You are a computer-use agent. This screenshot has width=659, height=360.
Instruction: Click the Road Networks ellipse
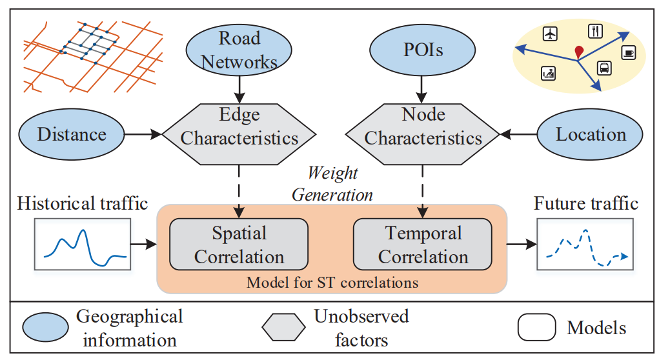click(x=239, y=50)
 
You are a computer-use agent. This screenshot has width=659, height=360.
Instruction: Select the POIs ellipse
click(x=423, y=50)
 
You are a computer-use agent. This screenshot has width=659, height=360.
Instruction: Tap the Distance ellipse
click(x=72, y=135)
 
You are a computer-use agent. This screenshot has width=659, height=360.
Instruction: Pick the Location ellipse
click(x=590, y=135)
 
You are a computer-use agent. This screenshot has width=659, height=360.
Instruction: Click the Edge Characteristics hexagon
click(x=239, y=127)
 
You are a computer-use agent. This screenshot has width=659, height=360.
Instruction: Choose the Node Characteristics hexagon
click(x=423, y=127)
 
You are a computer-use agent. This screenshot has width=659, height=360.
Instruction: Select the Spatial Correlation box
click(x=239, y=245)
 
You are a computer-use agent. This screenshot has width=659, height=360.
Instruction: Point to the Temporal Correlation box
click(x=423, y=245)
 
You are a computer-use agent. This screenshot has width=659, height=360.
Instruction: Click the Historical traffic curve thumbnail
click(x=82, y=244)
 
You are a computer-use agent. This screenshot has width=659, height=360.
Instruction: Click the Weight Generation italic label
click(x=332, y=184)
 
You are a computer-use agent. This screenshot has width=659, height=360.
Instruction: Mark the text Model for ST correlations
click(x=332, y=283)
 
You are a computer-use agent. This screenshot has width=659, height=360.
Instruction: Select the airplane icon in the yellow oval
click(x=551, y=33)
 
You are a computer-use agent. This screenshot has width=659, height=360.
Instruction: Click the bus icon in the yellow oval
click(x=603, y=68)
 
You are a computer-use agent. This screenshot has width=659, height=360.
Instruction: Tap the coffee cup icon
click(x=628, y=52)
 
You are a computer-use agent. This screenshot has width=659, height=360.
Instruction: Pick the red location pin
click(x=578, y=52)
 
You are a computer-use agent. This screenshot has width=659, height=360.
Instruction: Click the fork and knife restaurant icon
click(x=595, y=30)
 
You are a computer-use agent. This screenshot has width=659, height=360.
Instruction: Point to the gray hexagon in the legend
click(x=283, y=328)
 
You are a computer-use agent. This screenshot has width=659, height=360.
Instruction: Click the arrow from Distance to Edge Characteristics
click(x=143, y=135)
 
